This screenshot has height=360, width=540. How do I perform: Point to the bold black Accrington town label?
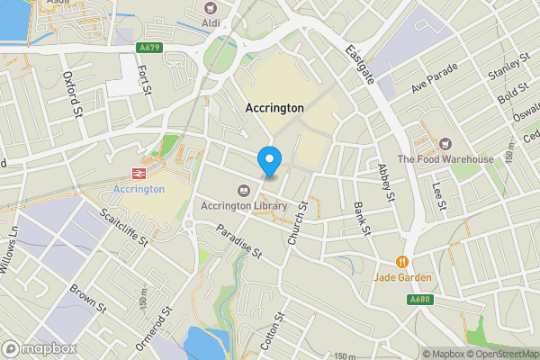point(274,107)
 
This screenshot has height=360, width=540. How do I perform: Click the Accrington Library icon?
point(244,190)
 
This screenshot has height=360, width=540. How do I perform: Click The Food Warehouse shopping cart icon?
point(445,144)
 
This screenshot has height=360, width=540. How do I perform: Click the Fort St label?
point(139,67)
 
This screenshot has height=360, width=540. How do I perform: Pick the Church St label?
point(297,221)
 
